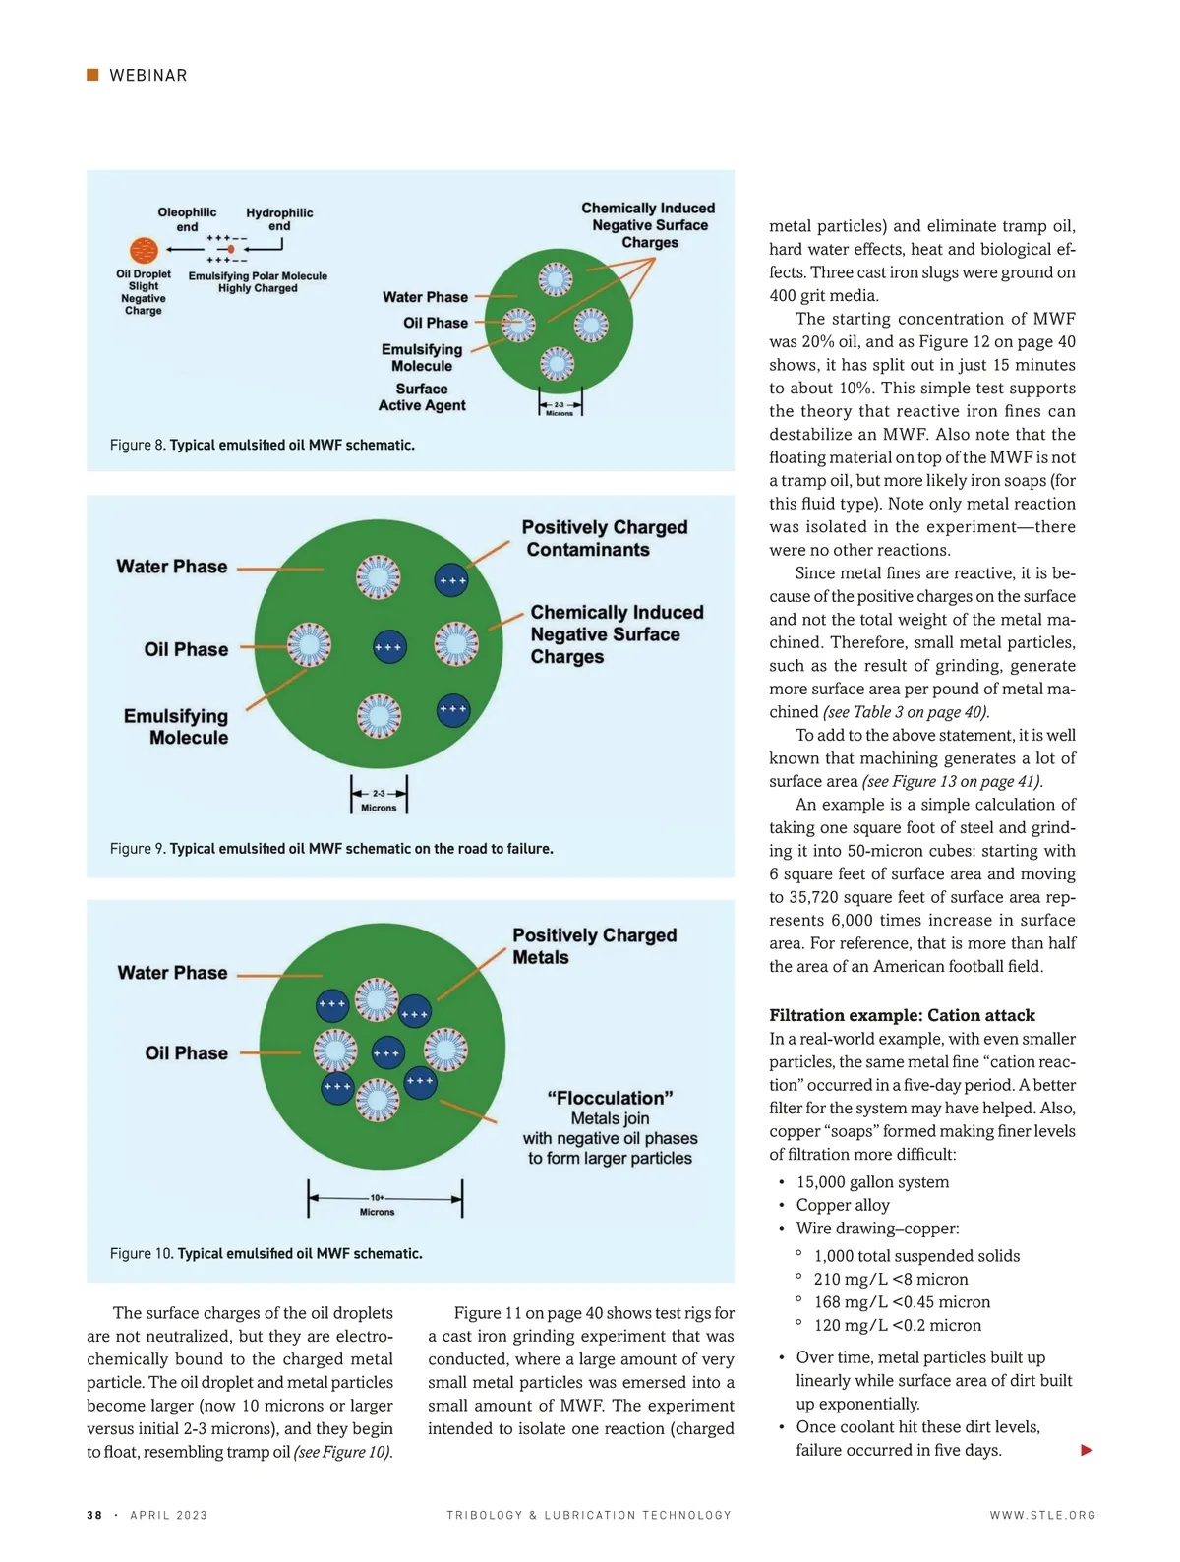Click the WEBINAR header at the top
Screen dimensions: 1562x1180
[x=147, y=76]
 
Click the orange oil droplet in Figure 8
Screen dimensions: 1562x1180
[x=144, y=250]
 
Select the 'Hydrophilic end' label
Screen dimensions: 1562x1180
[x=279, y=219]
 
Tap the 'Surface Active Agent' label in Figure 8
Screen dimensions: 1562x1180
[x=422, y=397]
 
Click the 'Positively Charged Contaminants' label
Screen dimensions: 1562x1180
[x=604, y=538]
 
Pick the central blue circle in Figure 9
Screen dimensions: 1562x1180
[x=389, y=647]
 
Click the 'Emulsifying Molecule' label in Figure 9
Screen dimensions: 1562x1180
[x=176, y=727]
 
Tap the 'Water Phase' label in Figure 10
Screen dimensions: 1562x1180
[x=172, y=973]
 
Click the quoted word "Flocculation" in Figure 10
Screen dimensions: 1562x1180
[x=610, y=1098]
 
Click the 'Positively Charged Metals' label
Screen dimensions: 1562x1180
[x=594, y=946]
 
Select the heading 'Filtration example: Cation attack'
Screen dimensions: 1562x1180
[x=902, y=1015]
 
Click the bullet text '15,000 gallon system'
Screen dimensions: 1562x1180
[x=872, y=1182]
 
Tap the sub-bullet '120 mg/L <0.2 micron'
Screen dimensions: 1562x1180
[x=897, y=1326]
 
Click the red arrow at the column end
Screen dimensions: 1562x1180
[x=1087, y=1450]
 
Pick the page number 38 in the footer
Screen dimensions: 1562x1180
[x=94, y=1516]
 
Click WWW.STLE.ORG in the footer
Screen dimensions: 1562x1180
[x=1042, y=1516]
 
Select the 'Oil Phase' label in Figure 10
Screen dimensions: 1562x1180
[x=186, y=1053]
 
